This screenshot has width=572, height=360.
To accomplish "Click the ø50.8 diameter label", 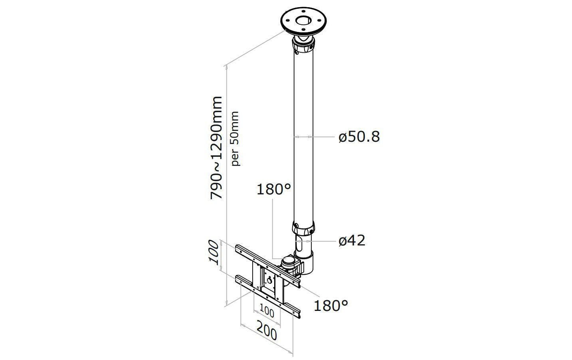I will [x=359, y=137].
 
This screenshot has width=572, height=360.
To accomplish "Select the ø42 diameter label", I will [x=352, y=241].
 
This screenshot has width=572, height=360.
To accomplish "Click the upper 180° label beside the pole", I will [x=273, y=189].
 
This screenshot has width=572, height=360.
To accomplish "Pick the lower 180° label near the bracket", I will [x=331, y=306].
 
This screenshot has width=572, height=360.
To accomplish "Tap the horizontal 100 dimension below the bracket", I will [x=267, y=311].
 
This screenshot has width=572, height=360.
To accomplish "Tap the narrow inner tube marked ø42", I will [x=304, y=244].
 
